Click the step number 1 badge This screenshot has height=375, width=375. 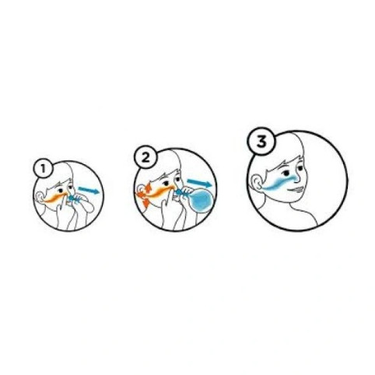[43, 169]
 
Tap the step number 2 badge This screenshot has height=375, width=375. [145, 157]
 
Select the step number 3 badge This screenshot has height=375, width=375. [261, 142]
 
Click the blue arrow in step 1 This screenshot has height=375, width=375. [89, 190]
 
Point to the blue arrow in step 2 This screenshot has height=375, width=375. [200, 183]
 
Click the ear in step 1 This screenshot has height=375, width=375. [40, 198]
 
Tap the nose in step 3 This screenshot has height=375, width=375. [297, 177]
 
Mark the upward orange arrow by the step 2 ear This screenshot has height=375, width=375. [149, 187]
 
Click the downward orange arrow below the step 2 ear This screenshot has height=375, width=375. [145, 202]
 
